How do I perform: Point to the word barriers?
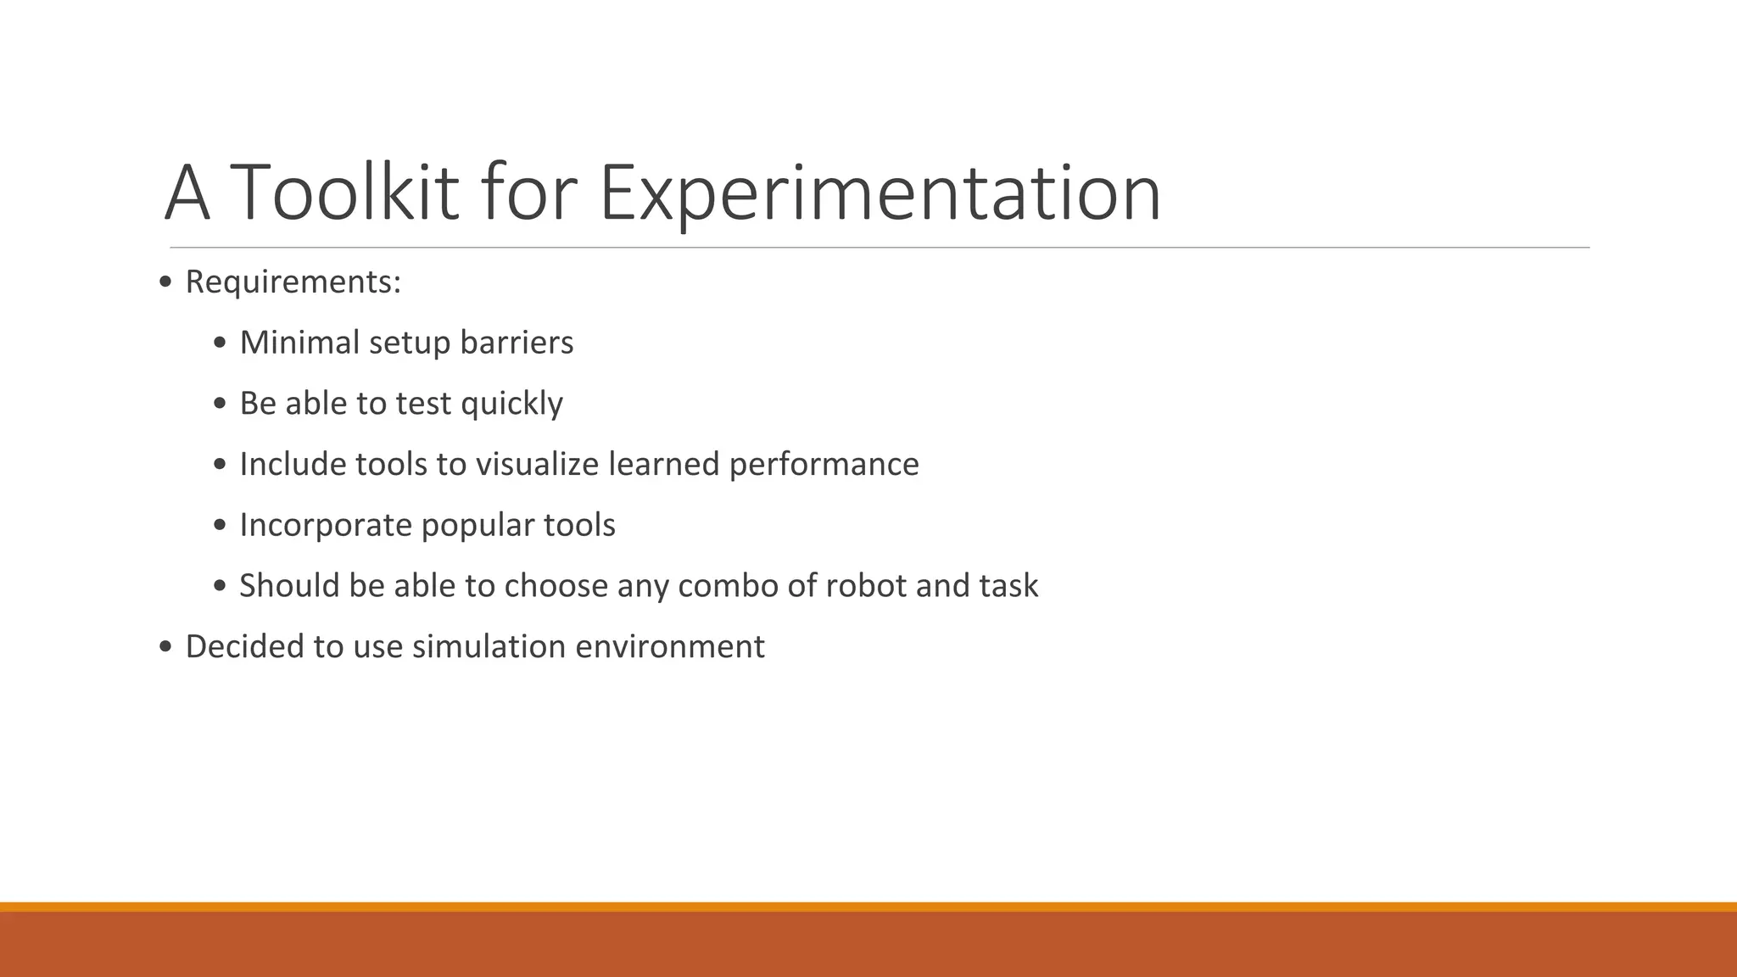(x=517, y=343)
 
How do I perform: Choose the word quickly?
(x=511, y=404)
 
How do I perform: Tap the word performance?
(x=824, y=464)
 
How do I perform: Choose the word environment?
(x=670, y=646)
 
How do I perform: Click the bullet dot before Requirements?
(x=165, y=282)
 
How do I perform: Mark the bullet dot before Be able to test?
(x=220, y=404)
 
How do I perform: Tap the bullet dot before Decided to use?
(x=165, y=647)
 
